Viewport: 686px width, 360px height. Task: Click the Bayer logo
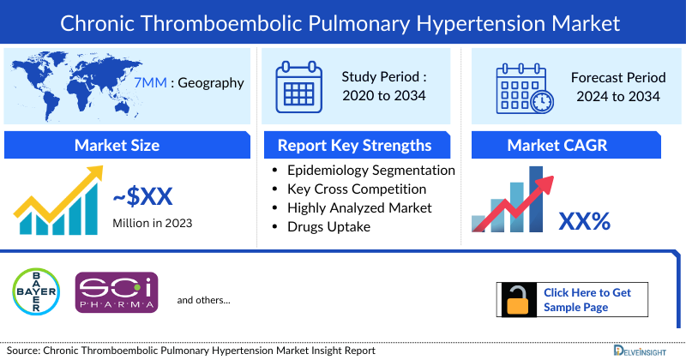click(x=35, y=290)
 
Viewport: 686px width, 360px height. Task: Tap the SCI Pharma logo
click(x=117, y=291)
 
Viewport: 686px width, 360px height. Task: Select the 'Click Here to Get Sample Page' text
click(x=587, y=299)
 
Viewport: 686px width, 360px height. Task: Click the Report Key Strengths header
click(x=353, y=145)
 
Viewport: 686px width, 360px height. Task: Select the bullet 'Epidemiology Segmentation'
click(x=370, y=170)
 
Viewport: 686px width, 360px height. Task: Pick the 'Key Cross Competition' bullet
click(x=357, y=189)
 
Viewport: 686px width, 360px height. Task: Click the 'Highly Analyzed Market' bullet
click(x=359, y=207)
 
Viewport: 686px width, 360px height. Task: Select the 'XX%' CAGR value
click(x=584, y=222)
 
